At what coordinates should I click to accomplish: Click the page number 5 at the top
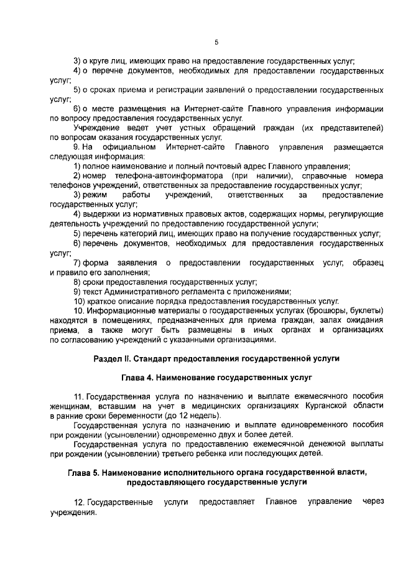coord(216,42)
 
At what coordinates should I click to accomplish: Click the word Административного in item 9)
coord(137,291)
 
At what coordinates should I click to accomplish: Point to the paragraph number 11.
coord(78,396)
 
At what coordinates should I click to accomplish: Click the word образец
coord(367,263)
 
